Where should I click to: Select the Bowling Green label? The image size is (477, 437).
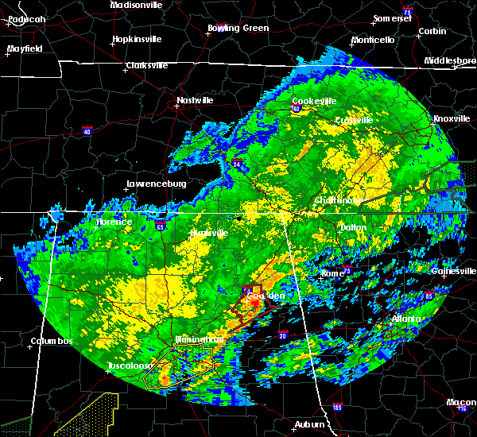pos(238,28)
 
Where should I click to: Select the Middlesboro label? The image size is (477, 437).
pos(449,60)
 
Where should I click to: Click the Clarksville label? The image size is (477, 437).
pos(149,65)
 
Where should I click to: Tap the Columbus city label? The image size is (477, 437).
pos(51,341)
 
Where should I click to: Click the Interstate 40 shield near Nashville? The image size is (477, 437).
pos(87,130)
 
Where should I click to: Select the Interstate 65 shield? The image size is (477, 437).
pos(160,226)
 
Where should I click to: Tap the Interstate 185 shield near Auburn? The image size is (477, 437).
pos(337,407)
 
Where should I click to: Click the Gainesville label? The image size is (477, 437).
pos(455,271)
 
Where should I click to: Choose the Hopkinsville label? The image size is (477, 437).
pos(136,38)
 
